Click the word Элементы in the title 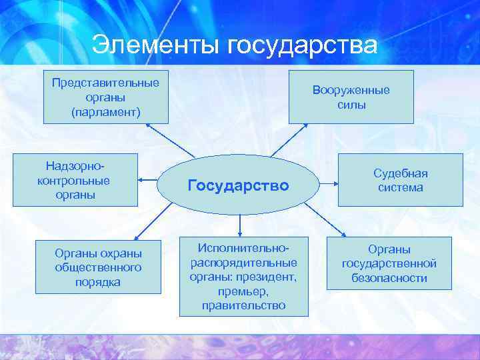pyautogui.click(x=157, y=45)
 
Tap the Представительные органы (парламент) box pyautogui.click(x=106, y=97)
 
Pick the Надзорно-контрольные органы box pyautogui.click(x=75, y=179)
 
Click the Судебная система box pyautogui.click(x=400, y=180)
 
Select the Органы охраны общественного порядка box pyautogui.click(x=98, y=267)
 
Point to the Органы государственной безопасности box pyautogui.click(x=389, y=263)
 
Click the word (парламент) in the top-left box pyautogui.click(x=106, y=111)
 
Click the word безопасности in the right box pyautogui.click(x=389, y=278)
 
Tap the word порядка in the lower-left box pyautogui.click(x=98, y=281)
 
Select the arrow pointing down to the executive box pyautogui.click(x=239, y=223)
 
